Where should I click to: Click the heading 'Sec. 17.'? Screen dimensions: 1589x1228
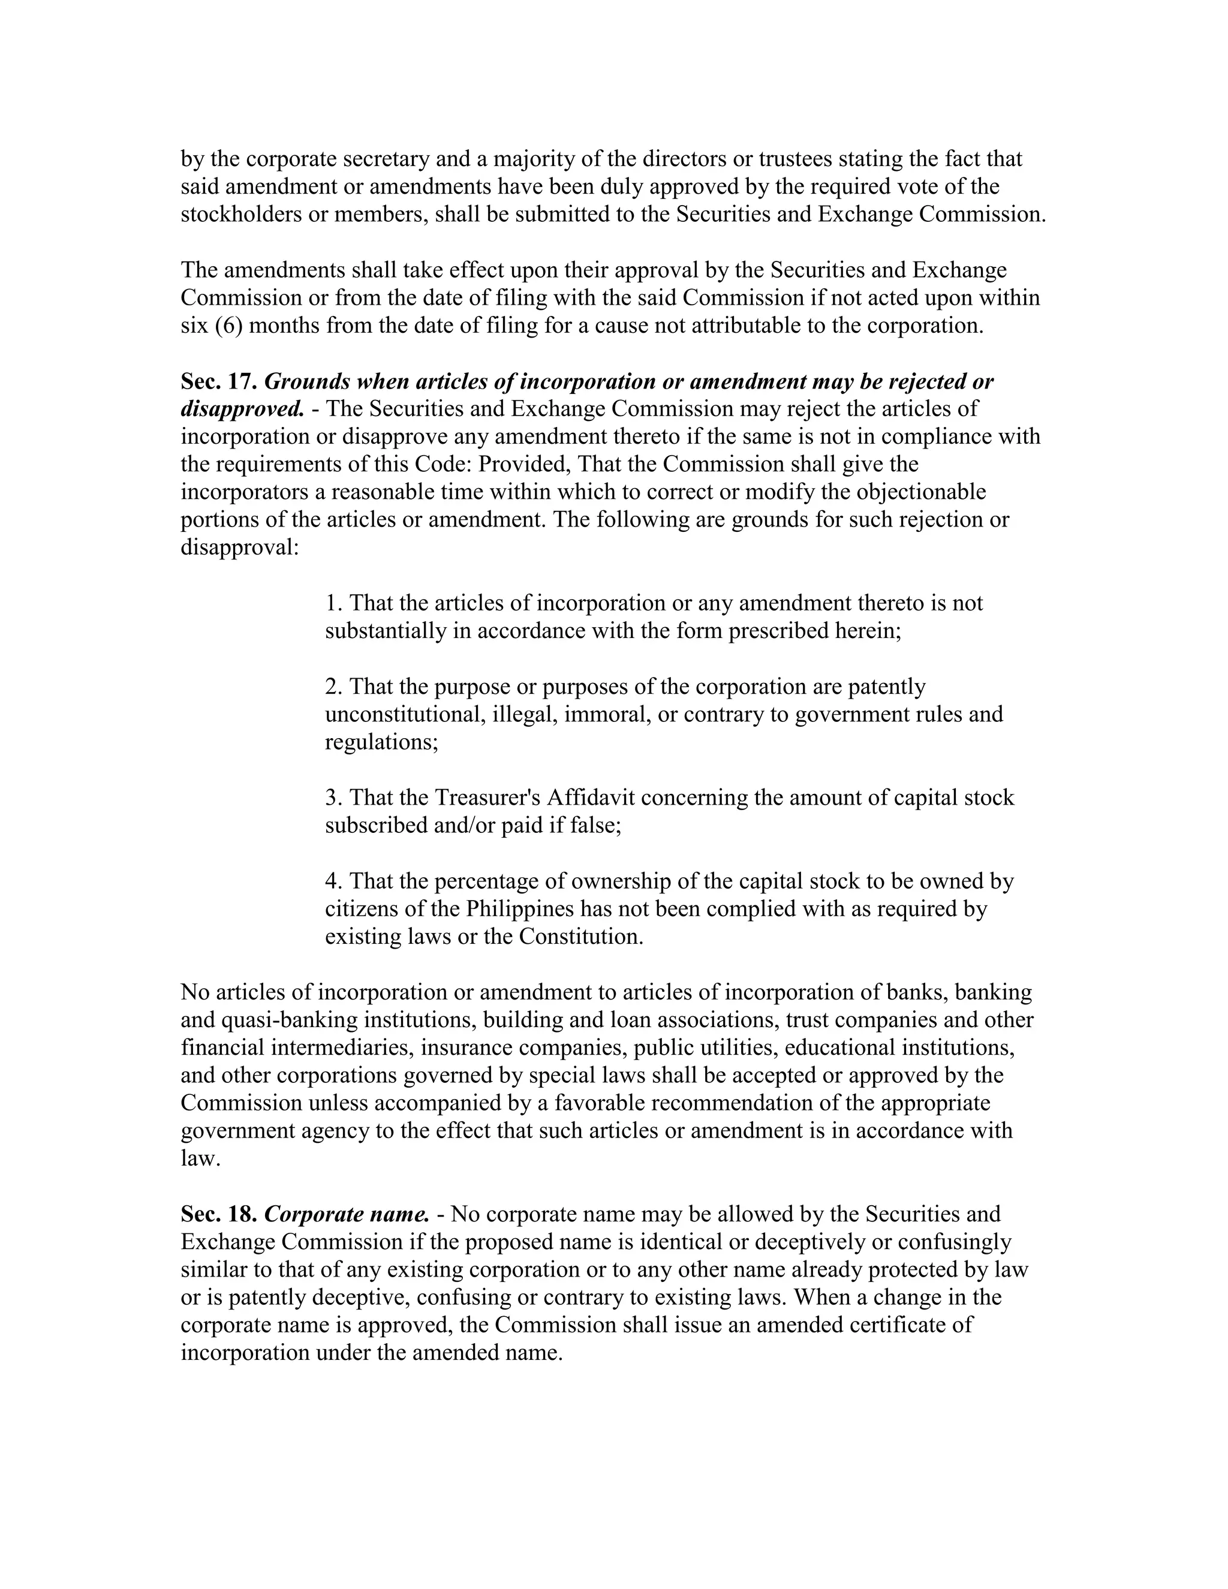click(x=218, y=381)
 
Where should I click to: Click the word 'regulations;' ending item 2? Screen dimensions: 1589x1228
click(x=381, y=742)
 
